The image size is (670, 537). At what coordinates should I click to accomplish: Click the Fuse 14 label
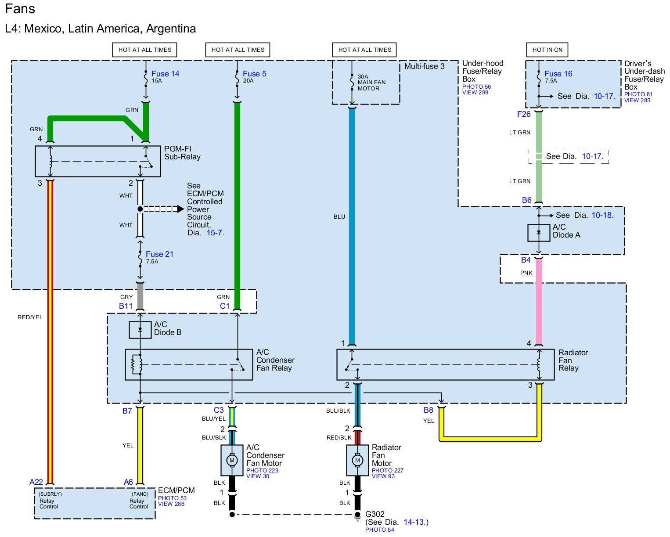165,74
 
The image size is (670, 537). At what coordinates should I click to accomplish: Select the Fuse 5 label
254,74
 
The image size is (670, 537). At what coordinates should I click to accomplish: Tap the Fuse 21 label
159,254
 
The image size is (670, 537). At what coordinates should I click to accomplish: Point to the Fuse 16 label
558,74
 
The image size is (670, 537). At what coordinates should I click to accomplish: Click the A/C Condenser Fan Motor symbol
231,460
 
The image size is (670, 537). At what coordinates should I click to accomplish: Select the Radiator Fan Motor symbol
357,460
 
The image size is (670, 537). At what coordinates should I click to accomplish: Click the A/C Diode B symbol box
140,329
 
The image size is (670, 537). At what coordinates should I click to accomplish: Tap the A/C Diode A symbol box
539,233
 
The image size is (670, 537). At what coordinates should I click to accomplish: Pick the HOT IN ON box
547,50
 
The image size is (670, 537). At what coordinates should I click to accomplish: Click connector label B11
126,306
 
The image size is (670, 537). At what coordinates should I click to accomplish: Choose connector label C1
225,306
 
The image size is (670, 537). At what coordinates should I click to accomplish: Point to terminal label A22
36,482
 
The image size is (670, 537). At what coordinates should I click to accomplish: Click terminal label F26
524,114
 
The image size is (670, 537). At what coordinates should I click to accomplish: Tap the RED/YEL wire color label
30,317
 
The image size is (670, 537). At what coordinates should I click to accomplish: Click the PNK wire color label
526,273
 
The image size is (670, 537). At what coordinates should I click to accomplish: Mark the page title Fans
20,9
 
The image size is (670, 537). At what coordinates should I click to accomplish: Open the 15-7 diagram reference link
215,233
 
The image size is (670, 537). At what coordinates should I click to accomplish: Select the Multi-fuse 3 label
424,66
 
